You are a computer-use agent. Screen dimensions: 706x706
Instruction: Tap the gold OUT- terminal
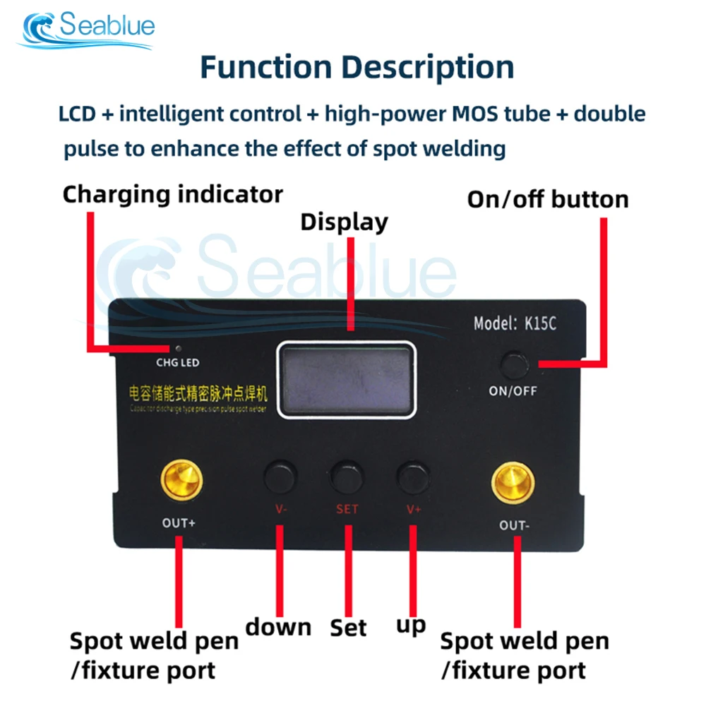point(513,485)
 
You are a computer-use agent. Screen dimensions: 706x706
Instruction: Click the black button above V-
point(280,477)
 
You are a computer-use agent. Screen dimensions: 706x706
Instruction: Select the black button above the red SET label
point(347,477)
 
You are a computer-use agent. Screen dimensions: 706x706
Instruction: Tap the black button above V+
point(413,477)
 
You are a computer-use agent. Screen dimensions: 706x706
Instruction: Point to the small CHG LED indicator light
point(178,349)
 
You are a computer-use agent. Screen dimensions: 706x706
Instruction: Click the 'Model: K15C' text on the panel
point(515,325)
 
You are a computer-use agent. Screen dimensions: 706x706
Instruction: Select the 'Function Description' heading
point(357,67)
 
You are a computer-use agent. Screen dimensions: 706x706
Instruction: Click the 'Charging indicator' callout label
point(173,194)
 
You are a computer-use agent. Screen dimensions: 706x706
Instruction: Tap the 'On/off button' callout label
point(548,200)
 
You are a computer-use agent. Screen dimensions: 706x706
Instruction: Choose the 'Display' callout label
point(345,222)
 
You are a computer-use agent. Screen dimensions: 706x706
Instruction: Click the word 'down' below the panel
point(278,627)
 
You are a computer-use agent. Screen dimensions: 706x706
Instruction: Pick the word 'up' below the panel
point(411,625)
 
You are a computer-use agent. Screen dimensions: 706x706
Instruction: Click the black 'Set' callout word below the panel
point(348,627)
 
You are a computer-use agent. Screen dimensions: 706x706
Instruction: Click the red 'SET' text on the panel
point(347,509)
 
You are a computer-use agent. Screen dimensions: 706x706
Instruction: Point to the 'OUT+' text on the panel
point(178,523)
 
